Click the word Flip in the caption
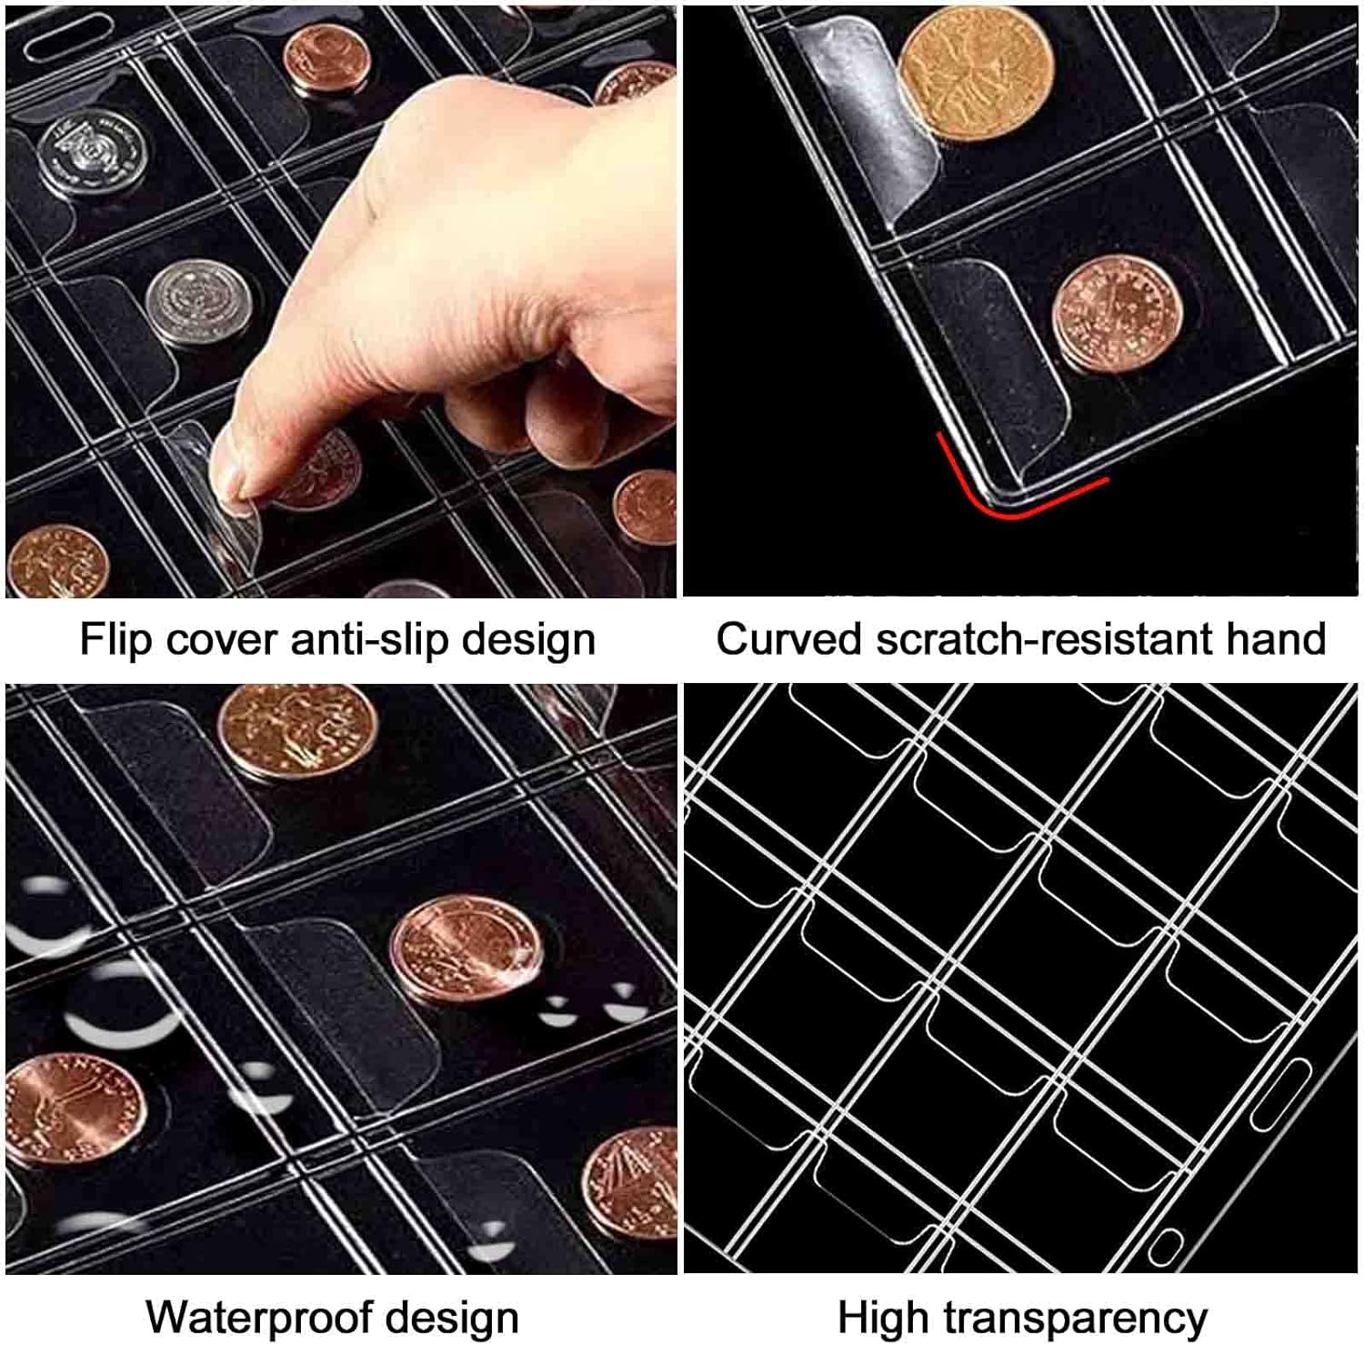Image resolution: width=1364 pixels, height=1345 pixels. [x=115, y=639]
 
